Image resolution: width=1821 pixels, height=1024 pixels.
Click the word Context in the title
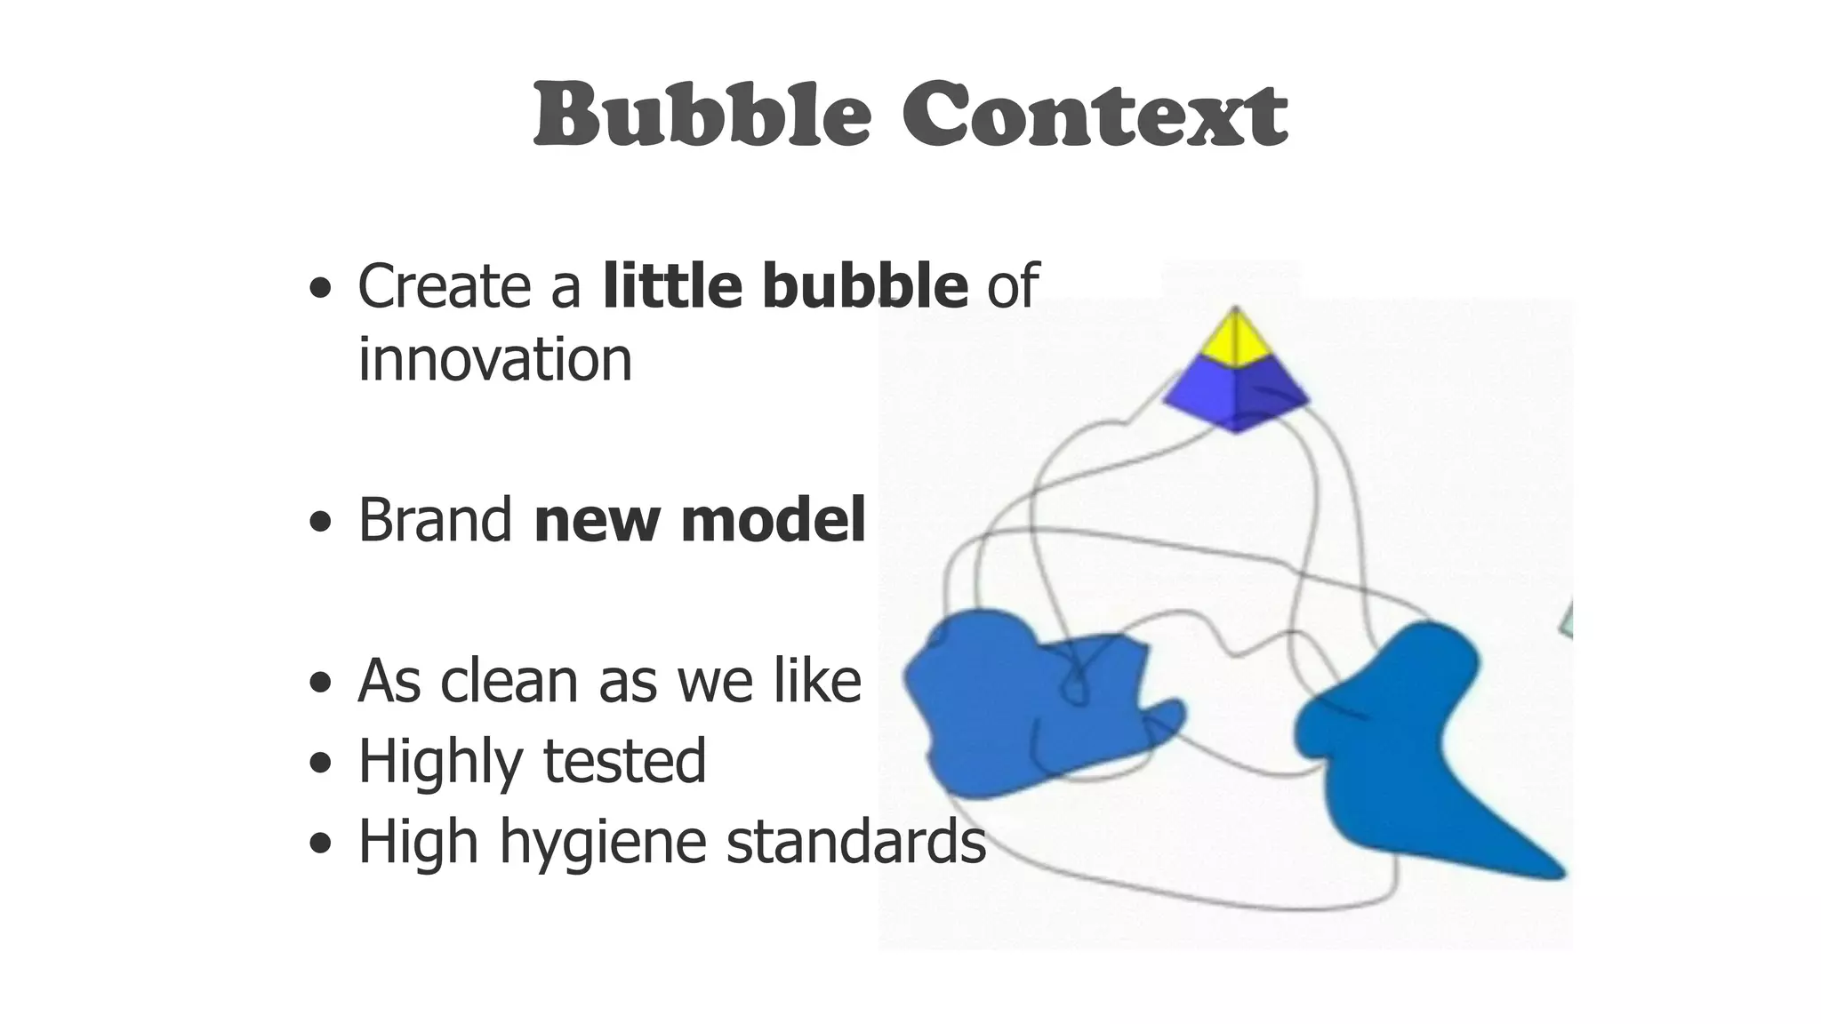[1095, 116]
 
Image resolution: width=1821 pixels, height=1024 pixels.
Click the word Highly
[440, 762]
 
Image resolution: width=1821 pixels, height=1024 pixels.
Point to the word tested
[624, 762]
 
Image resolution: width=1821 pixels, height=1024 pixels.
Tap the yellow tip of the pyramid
[1235, 339]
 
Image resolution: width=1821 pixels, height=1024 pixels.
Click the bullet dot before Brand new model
[320, 524]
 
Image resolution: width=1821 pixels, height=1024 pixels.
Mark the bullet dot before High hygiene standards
[320, 843]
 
